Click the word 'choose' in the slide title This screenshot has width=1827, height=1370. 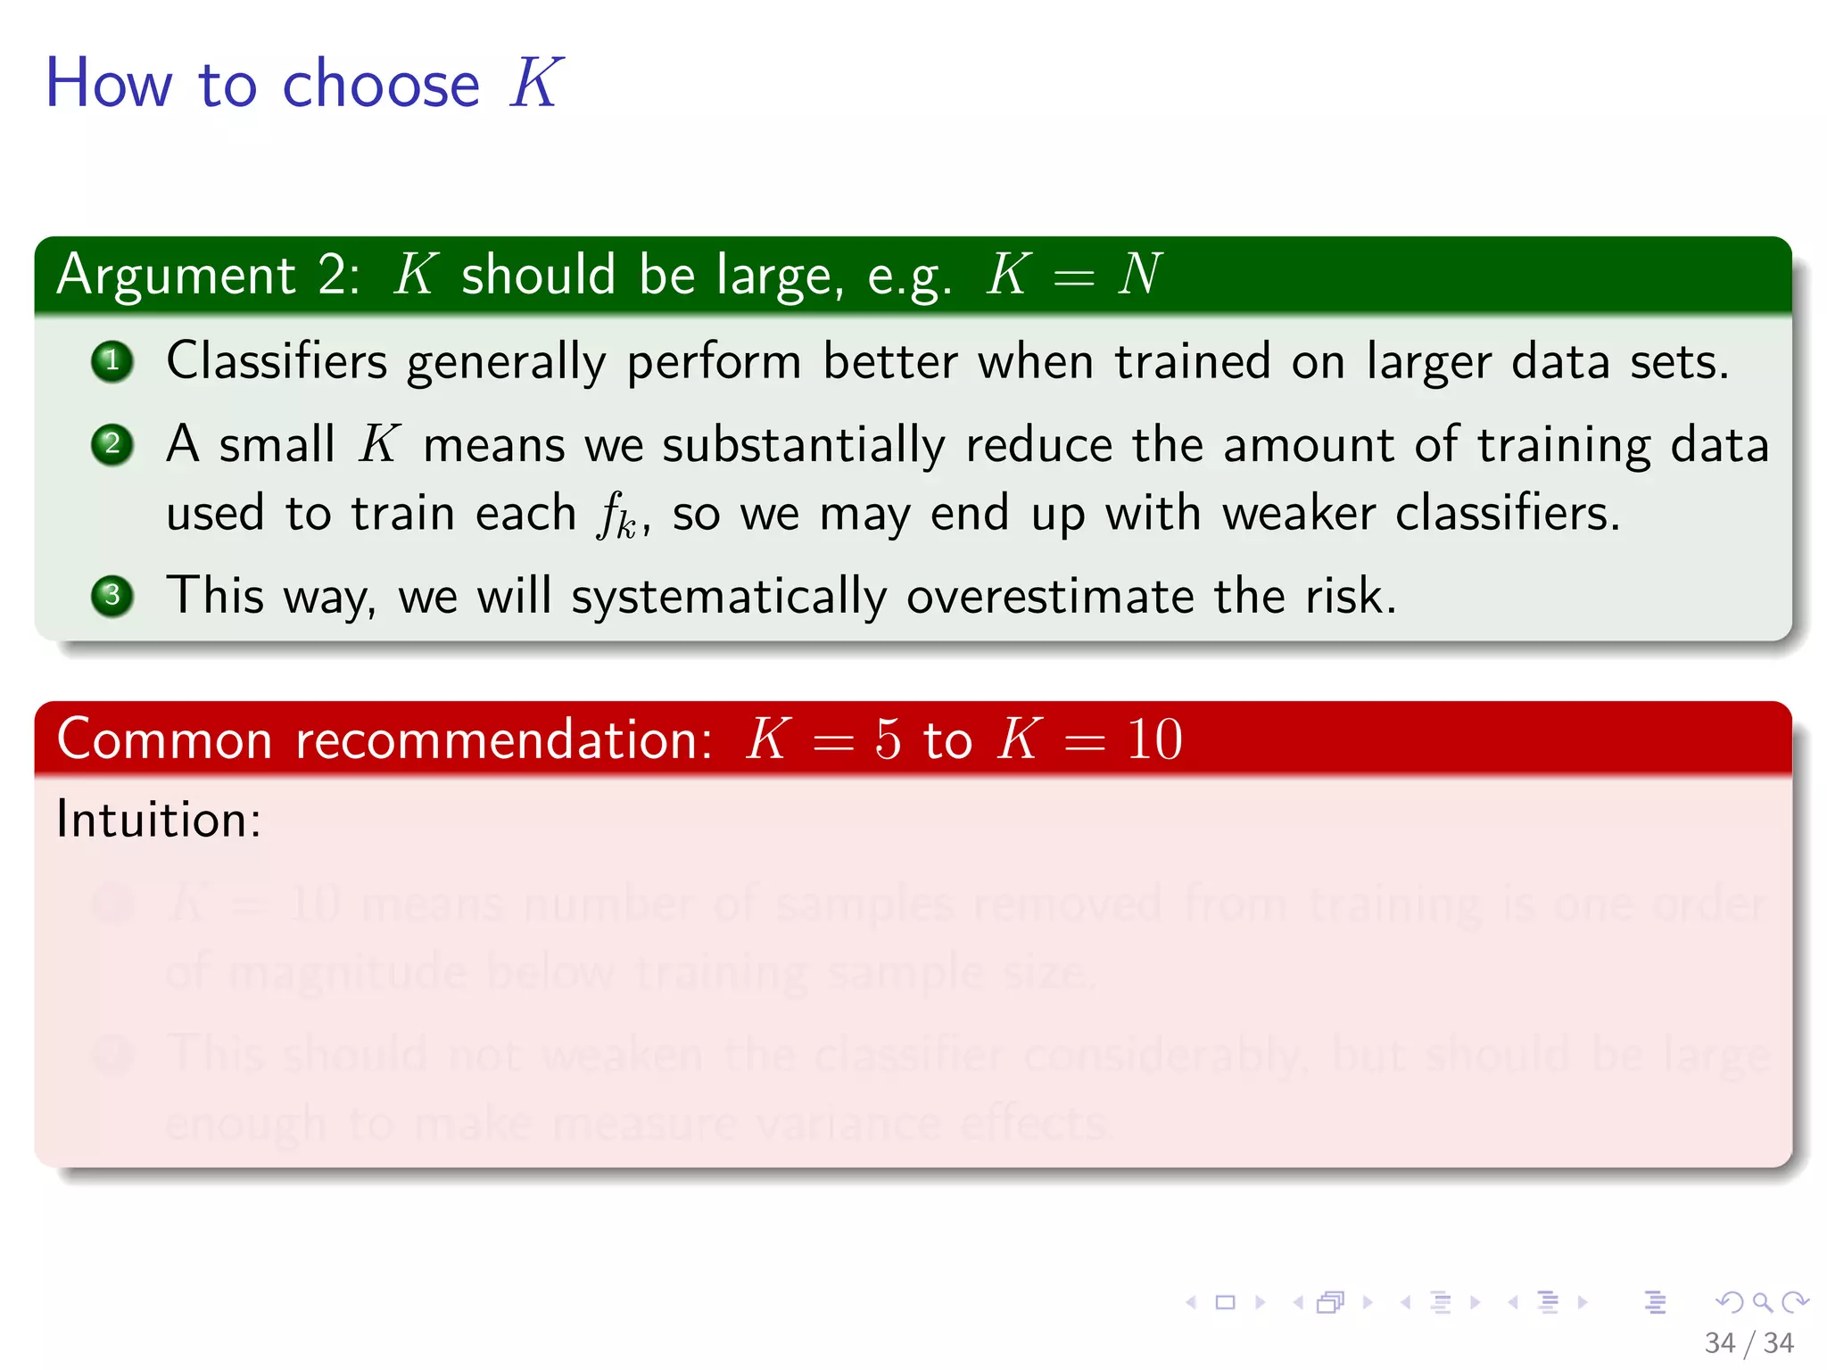click(381, 84)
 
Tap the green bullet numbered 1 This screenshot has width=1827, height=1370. click(112, 361)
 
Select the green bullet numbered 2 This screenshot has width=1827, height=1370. click(112, 444)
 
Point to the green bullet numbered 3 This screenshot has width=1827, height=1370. click(112, 596)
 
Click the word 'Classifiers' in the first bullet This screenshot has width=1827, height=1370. click(277, 361)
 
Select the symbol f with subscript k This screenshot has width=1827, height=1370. click(616, 516)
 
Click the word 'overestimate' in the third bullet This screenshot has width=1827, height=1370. click(1050, 596)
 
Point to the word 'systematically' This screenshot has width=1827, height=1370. click(729, 598)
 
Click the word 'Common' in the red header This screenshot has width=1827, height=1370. click(164, 739)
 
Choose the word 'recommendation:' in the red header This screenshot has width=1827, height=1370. click(504, 739)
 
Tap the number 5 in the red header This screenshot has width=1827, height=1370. click(888, 739)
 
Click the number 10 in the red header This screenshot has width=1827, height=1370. click(1154, 739)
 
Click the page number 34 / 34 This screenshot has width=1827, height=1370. click(1748, 1342)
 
